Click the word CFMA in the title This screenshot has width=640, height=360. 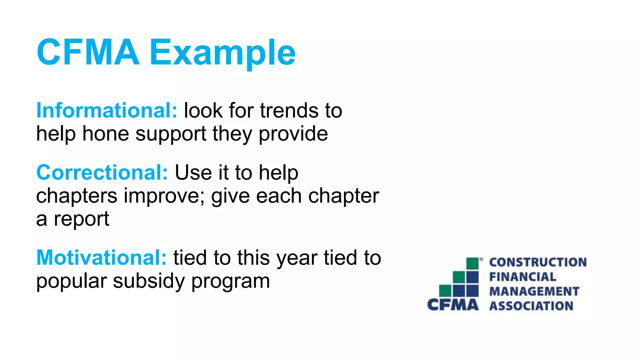(88, 52)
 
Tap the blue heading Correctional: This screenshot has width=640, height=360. (102, 172)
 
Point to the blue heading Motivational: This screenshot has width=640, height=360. (102, 258)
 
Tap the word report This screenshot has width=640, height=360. (82, 219)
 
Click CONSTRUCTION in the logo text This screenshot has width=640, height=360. (538, 262)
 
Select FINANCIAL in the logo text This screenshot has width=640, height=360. (522, 277)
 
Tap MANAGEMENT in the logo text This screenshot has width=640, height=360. (534, 291)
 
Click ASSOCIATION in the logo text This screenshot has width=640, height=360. (531, 306)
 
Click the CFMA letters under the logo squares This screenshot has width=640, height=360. (453, 305)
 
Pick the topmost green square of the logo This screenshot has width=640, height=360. (472, 263)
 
